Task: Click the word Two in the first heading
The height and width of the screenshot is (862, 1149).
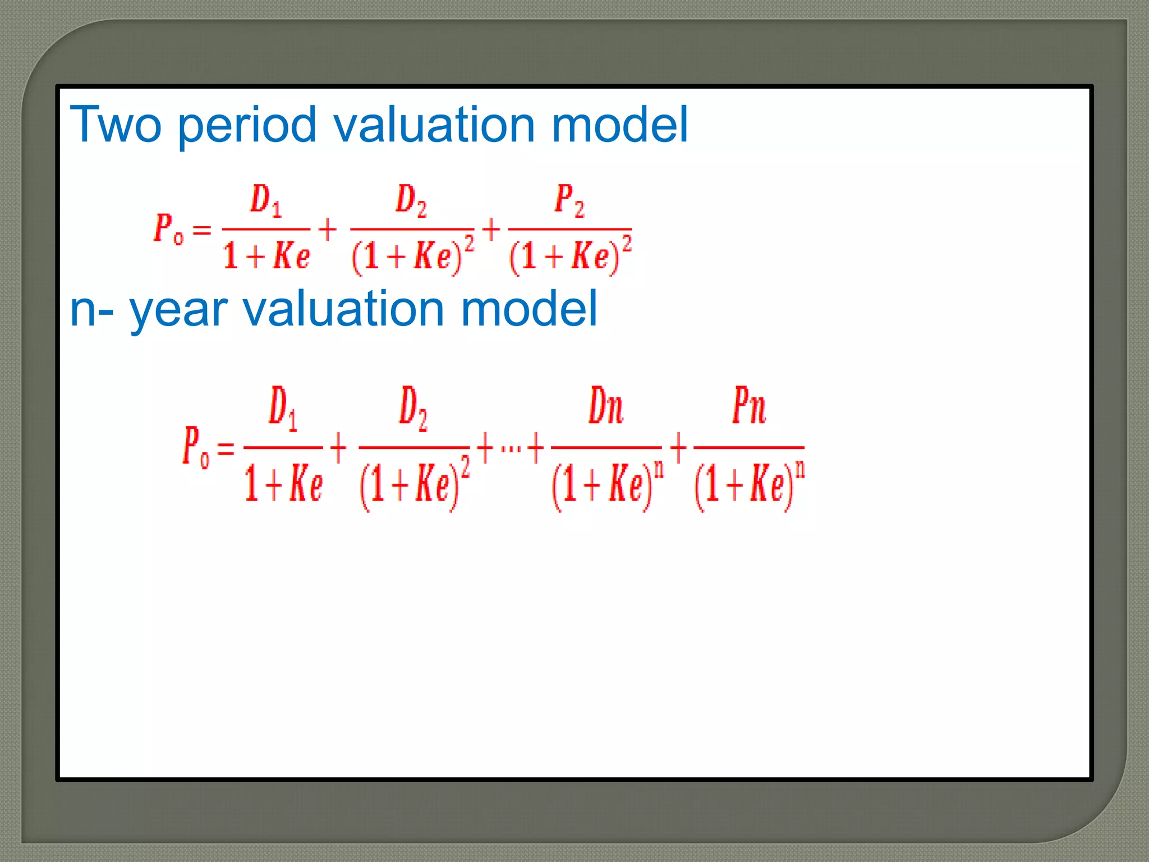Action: (x=116, y=125)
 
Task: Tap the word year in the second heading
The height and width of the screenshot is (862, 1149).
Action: (x=178, y=310)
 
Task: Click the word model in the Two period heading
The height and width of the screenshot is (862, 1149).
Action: (x=619, y=125)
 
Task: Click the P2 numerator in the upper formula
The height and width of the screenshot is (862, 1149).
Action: (x=569, y=200)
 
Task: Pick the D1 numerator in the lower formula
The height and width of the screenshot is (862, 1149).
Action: (x=283, y=408)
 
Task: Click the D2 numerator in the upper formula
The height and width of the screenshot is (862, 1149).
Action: (x=411, y=200)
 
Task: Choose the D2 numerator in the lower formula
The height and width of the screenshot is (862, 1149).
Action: (x=413, y=408)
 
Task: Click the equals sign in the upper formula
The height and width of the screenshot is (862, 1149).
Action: (x=201, y=230)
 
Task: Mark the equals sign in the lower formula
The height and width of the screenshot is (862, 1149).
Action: (x=226, y=448)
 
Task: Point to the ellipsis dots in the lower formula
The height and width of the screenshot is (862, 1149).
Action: (x=511, y=448)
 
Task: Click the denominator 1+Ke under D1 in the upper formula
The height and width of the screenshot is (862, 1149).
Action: (x=266, y=256)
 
